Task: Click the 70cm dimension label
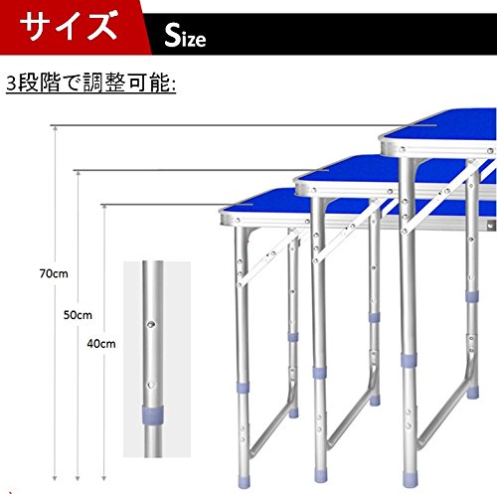click(54, 273)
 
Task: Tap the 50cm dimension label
click(78, 315)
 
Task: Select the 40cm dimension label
click(101, 344)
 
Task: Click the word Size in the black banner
click(185, 36)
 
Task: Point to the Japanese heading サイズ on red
click(69, 26)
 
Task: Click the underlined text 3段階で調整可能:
click(91, 82)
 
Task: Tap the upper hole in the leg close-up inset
click(151, 324)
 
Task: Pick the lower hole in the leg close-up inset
click(151, 385)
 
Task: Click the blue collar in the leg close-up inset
click(153, 414)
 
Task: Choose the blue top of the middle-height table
click(351, 173)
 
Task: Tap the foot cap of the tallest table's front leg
click(411, 480)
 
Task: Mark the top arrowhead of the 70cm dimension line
click(55, 128)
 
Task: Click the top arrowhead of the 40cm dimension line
click(104, 208)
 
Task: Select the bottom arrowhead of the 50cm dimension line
click(78, 478)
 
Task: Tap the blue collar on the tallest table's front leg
click(409, 360)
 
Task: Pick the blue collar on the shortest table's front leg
click(243, 388)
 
